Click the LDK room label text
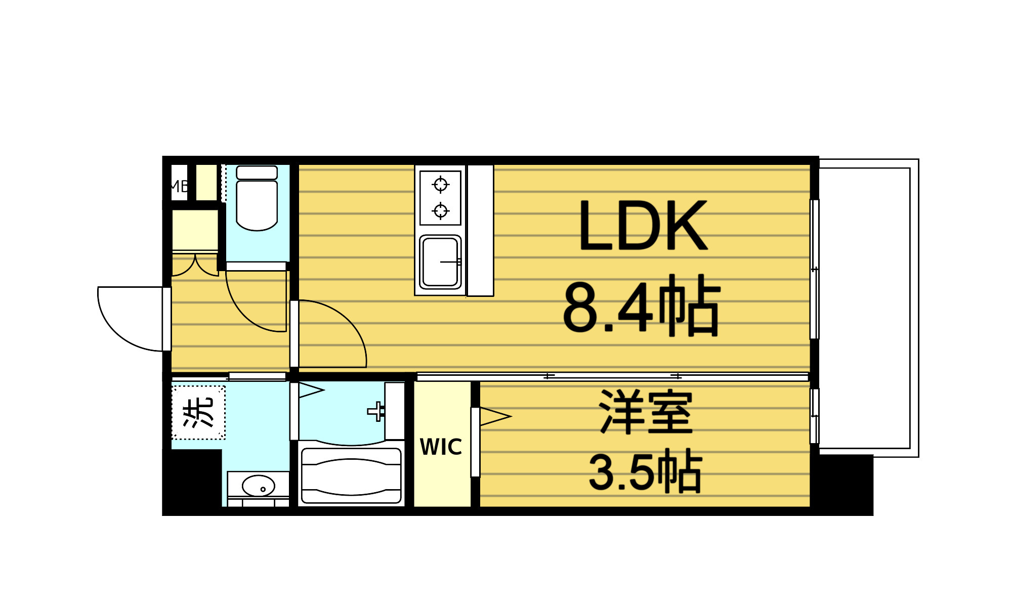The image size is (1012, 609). click(643, 226)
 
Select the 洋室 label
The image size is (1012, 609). click(646, 412)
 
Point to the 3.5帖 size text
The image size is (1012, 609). click(645, 471)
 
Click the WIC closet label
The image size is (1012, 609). click(441, 447)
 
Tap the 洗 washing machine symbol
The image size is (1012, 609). click(198, 413)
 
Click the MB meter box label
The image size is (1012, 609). click(179, 186)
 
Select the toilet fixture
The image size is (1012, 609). click(257, 200)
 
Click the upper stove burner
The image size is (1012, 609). click(441, 184)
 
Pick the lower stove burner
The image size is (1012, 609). click(441, 210)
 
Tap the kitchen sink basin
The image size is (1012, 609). click(440, 262)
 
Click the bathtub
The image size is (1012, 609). click(351, 476)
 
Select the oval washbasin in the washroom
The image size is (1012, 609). click(258, 486)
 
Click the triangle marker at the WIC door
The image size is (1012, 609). click(494, 417)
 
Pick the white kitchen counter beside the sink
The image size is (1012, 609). click(480, 230)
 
